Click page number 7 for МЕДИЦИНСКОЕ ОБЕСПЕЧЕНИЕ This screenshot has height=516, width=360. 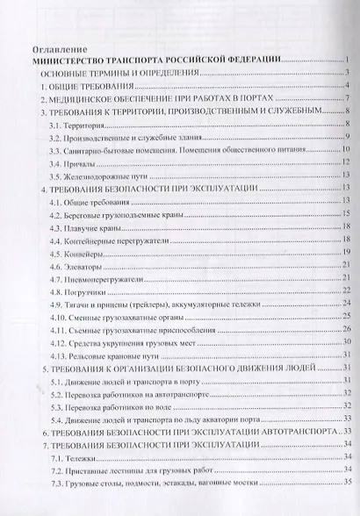tap(348, 100)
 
